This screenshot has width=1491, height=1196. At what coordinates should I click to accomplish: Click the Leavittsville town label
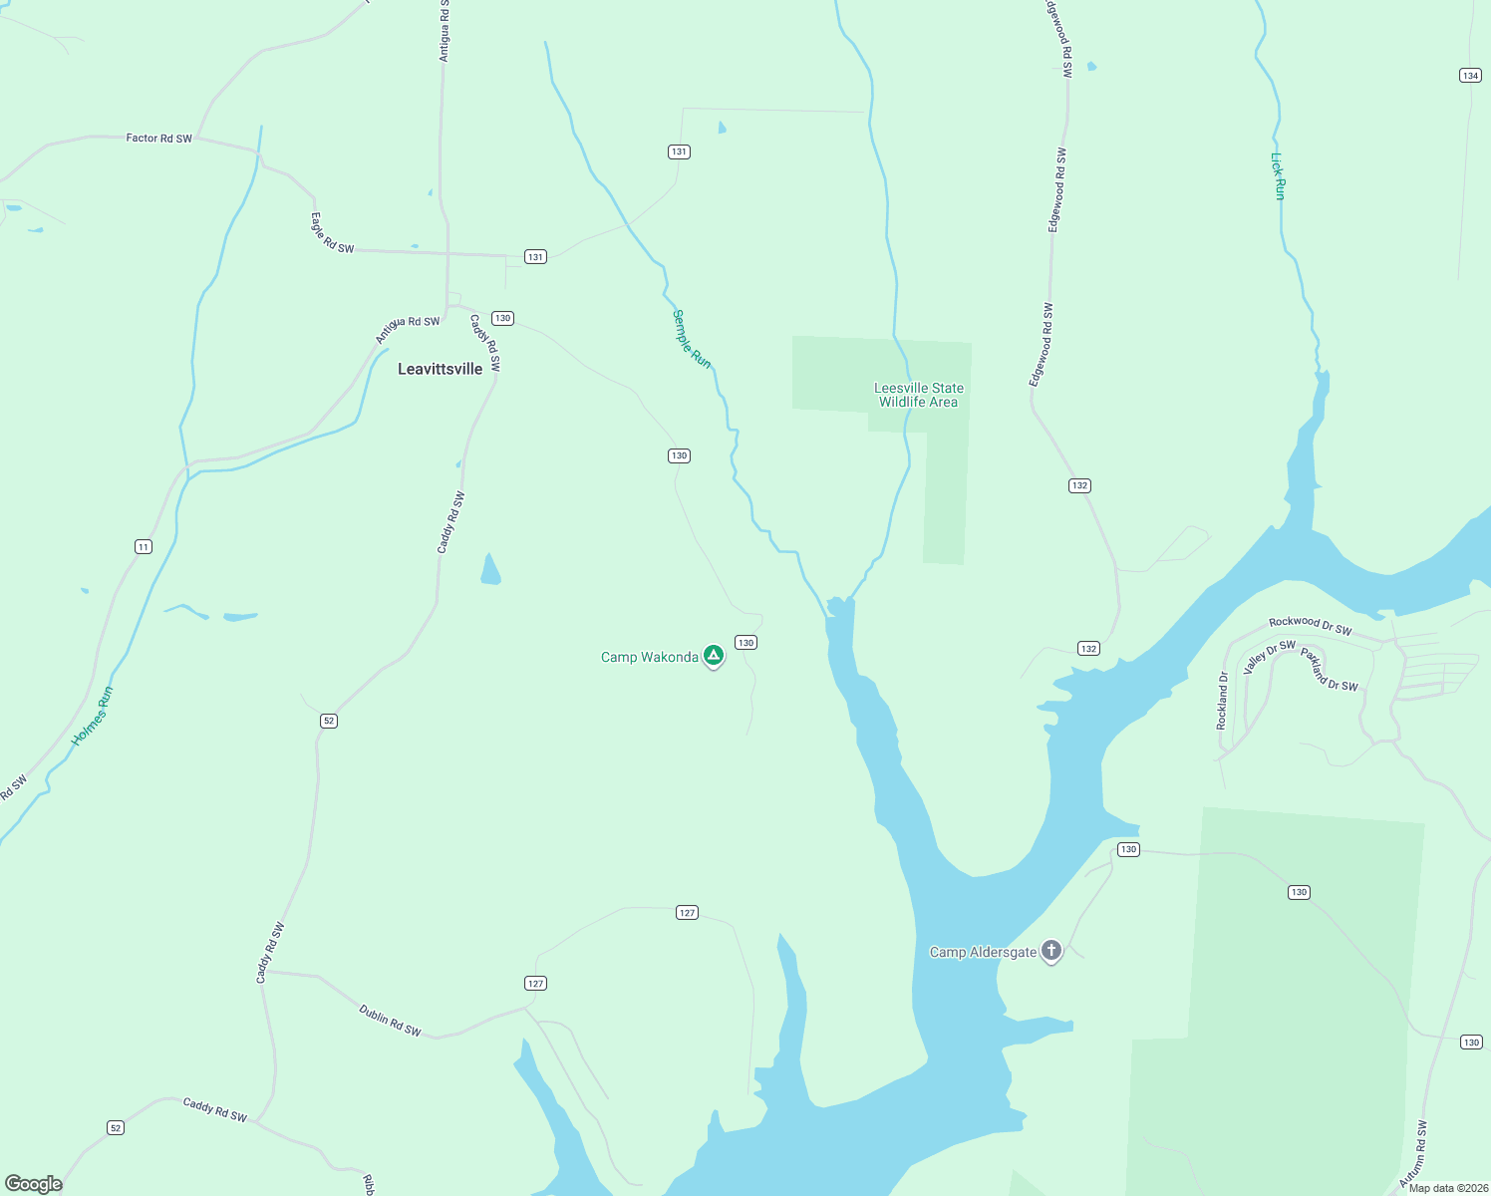[440, 369]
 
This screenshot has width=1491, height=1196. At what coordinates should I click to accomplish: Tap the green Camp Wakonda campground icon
[713, 656]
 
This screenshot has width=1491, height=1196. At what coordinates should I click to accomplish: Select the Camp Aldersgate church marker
[1050, 951]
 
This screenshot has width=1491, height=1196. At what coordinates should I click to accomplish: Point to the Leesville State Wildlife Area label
[918, 396]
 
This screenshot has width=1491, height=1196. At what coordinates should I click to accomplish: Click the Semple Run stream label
[691, 339]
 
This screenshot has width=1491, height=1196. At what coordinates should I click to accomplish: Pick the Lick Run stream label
[1278, 175]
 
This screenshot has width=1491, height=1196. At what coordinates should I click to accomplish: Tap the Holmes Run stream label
[92, 716]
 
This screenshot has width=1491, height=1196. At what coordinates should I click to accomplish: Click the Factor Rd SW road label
[158, 139]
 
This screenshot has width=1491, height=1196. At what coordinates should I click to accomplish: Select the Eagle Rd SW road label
[332, 233]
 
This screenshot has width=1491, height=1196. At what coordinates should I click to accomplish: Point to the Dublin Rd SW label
[390, 1021]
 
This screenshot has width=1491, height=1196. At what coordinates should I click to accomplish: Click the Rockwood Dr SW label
[1310, 625]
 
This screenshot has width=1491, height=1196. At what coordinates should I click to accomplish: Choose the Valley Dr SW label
[1269, 657]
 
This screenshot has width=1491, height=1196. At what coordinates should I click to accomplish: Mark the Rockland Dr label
[1222, 700]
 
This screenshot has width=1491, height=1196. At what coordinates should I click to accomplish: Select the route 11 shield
[144, 546]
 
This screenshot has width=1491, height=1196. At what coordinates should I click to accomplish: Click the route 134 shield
[1469, 76]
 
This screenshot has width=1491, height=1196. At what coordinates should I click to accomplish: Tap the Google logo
[34, 1184]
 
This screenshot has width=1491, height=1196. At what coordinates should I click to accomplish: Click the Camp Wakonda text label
[649, 657]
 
